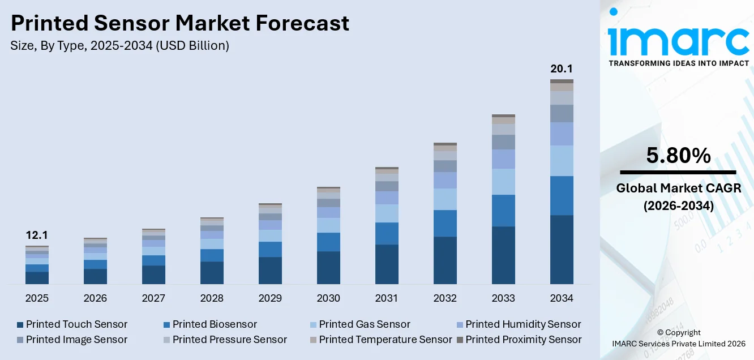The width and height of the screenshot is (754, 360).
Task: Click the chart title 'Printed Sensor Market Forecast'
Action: pos(179,23)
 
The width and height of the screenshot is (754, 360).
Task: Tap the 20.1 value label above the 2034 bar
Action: pos(562,69)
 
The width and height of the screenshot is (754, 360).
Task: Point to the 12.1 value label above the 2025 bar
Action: pos(37,235)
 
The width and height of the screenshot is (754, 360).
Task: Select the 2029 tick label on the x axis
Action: pos(270,298)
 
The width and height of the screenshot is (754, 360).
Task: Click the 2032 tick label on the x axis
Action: pos(445,298)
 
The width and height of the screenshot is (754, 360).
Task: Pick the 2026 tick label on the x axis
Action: pos(95,298)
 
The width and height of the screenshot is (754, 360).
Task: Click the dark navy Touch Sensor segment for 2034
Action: pos(562,249)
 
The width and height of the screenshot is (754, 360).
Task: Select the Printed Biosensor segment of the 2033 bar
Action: pos(503,211)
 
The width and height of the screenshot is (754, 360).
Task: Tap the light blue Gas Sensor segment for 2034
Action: pos(562,161)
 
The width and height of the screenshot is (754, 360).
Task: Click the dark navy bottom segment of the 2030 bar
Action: pos(328,267)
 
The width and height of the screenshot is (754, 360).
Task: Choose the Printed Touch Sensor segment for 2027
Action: pos(153,275)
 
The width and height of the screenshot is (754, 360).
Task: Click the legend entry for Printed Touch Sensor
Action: pos(72,324)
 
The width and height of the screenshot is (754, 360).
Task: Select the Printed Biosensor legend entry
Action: pos(209,324)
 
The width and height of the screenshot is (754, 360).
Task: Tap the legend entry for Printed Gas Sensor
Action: pos(359,324)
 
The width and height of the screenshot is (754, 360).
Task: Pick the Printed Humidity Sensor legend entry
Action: pos(518,324)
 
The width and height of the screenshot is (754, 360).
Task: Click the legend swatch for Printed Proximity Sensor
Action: pos(460,340)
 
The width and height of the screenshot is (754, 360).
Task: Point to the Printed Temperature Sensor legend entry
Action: pos(380,340)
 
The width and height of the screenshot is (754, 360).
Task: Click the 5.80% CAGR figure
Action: pos(678,156)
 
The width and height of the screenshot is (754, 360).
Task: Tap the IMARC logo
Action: pos(679,40)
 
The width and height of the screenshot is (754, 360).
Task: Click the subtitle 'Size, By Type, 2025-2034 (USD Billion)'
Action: pos(119,46)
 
